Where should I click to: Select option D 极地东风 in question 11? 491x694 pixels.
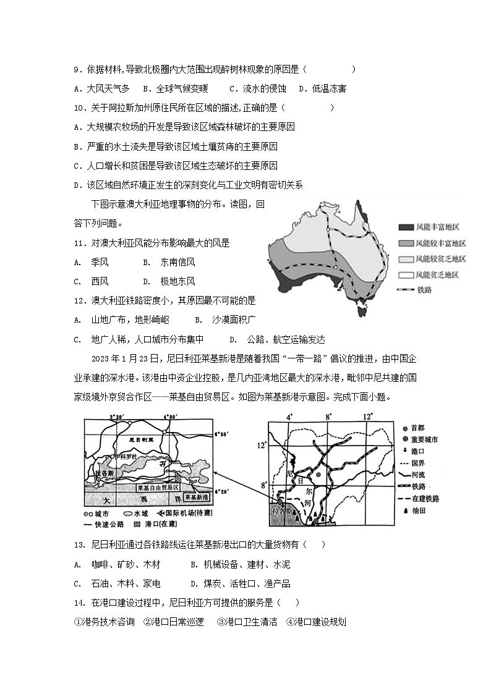click(x=169, y=281)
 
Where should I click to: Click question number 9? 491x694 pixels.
click(x=77, y=70)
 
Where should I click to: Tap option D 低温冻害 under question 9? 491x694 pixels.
click(x=322, y=88)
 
